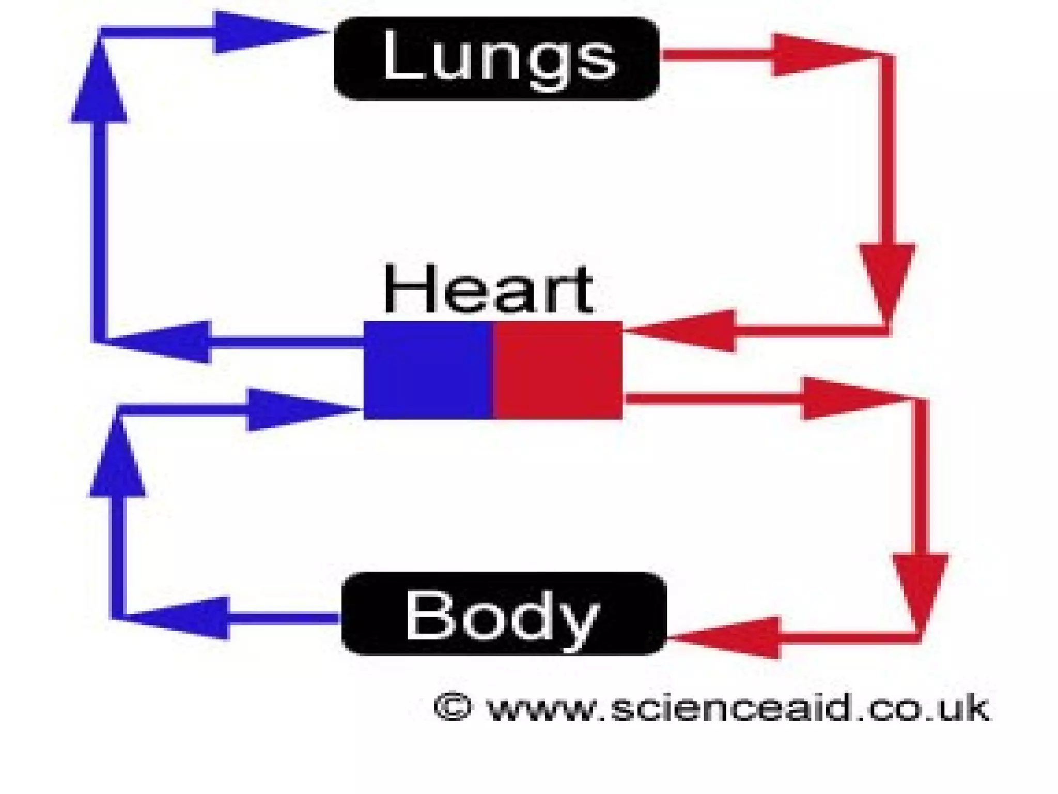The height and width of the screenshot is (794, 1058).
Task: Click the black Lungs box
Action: (x=496, y=58)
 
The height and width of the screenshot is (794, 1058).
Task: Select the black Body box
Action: (x=504, y=614)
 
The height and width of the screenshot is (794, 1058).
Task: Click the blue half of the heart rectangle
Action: (x=428, y=370)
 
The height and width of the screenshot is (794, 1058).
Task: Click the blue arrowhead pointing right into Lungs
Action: (x=263, y=32)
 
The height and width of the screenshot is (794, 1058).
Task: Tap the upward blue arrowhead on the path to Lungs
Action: (x=99, y=85)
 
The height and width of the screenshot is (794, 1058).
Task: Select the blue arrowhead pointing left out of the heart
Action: (x=165, y=342)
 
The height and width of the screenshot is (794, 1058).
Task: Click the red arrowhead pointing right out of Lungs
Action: (x=816, y=54)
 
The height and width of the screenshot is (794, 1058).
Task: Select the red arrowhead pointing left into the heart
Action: (x=687, y=331)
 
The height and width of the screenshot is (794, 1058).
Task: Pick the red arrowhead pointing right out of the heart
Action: (x=847, y=398)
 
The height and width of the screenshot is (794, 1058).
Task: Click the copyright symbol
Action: (x=453, y=707)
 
